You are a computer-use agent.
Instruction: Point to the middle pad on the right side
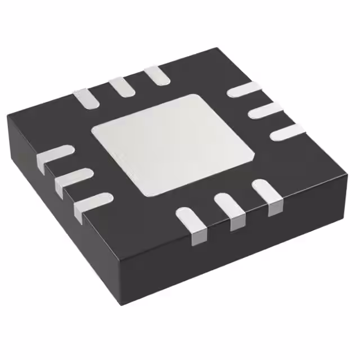pos(264,110)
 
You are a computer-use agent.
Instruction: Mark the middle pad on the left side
pos(73,179)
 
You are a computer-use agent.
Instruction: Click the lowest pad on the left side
pos(92,203)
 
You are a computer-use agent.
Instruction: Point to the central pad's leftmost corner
pos(93,133)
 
